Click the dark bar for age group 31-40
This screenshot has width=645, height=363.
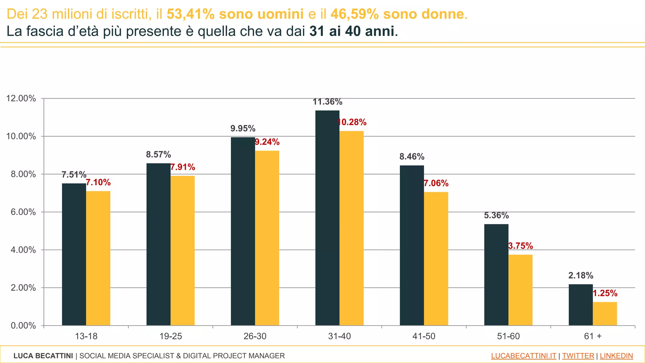coord(327,217)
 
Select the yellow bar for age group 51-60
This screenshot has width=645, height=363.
coord(520,290)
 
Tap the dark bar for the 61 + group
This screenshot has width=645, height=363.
coord(580,305)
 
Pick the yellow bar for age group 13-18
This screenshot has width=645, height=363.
coord(98,258)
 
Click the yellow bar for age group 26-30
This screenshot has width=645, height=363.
coord(267,238)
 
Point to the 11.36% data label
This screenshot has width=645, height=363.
coord(327,102)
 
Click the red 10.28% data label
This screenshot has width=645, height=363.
coord(351,122)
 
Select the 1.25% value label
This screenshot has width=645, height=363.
coord(605,293)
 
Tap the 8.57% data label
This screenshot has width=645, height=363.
coord(158,155)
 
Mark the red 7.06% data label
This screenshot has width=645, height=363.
coord(436,183)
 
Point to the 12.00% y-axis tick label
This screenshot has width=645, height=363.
coord(21,99)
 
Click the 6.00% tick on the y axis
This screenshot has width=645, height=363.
coord(23,212)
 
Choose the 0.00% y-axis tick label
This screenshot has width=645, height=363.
coord(23,326)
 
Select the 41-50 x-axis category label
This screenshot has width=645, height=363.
coord(424,336)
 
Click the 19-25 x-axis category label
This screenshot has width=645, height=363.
coord(170,336)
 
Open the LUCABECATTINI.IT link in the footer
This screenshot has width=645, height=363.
coord(523,356)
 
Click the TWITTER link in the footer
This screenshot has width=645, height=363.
coord(578,356)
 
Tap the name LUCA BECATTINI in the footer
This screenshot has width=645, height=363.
coord(43,356)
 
